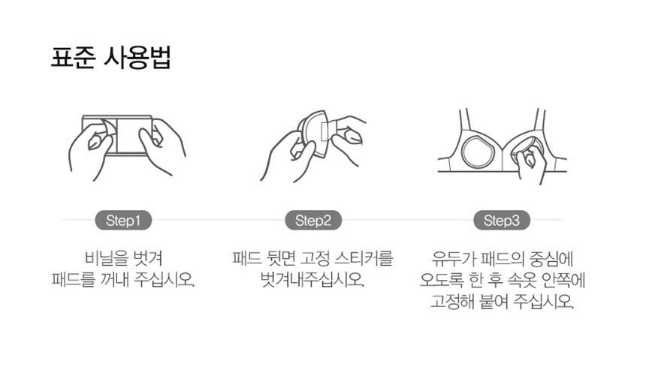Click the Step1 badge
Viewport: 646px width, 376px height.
pyautogui.click(x=123, y=221)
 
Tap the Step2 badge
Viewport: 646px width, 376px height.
pyautogui.click(x=313, y=221)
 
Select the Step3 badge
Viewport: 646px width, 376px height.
pyautogui.click(x=501, y=221)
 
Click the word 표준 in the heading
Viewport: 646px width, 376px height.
pyautogui.click(x=73, y=57)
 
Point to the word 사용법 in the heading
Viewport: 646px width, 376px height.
pyautogui.click(x=137, y=57)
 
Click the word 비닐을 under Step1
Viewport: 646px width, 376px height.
pyautogui.click(x=103, y=258)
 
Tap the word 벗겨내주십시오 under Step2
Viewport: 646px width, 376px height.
pyautogui.click(x=312, y=280)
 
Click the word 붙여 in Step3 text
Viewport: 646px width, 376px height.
pyautogui.click(x=494, y=302)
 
